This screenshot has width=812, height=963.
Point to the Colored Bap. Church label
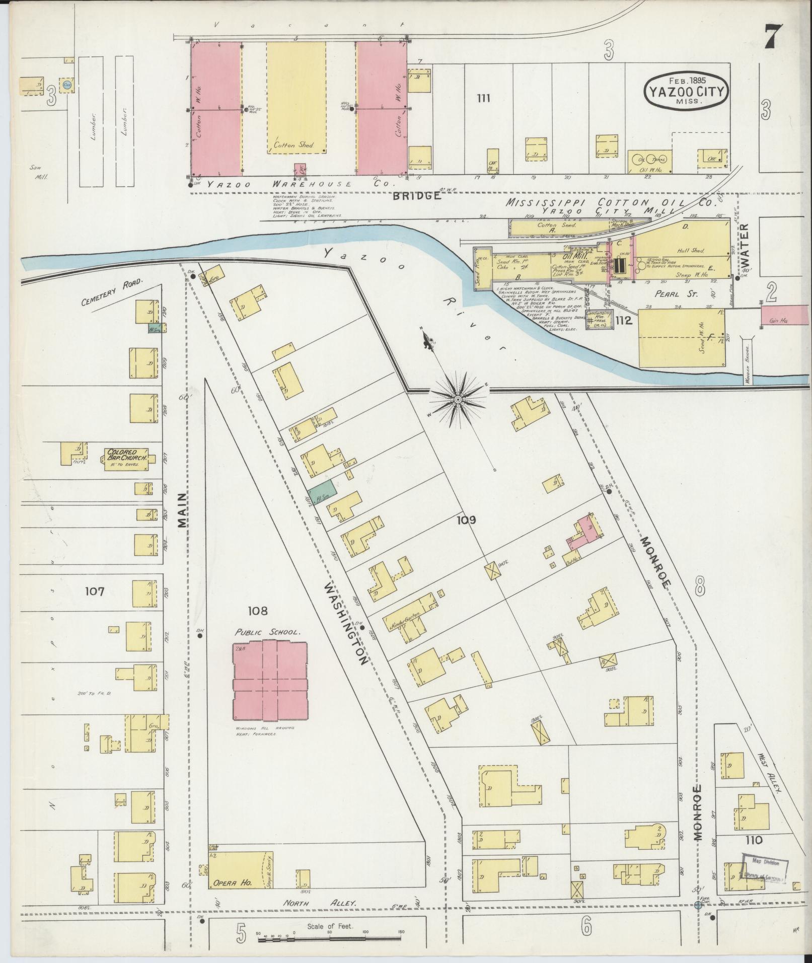coord(126,455)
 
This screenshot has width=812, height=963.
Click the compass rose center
coord(458,400)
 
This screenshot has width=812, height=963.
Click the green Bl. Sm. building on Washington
coord(323,491)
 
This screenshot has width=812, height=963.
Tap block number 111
coord(483,98)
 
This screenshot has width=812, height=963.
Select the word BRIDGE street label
coord(416,196)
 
